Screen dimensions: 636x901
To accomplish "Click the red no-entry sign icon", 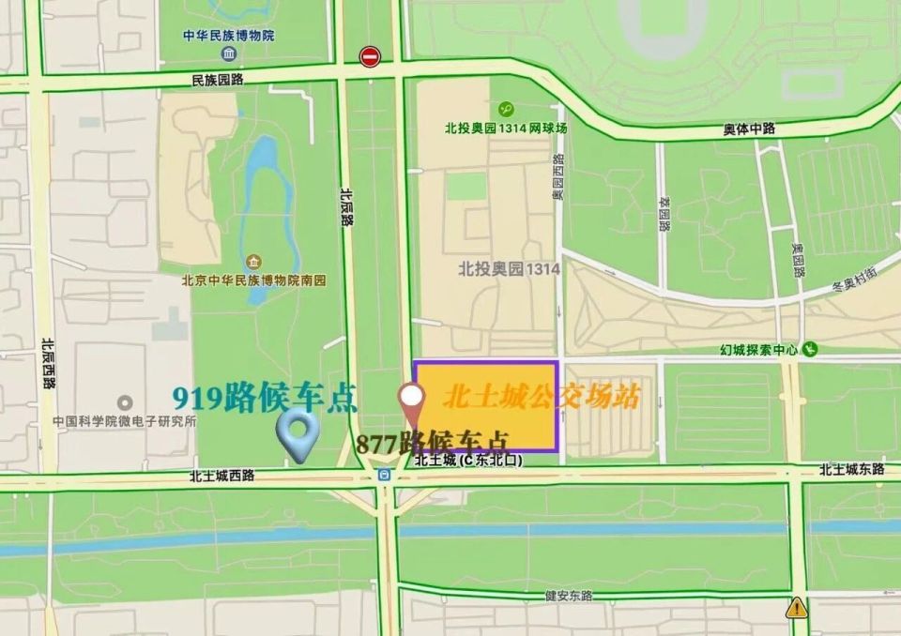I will click(370, 56).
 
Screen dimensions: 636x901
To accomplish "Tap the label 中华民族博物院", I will click(228, 36).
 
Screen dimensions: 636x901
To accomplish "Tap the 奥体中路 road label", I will click(749, 129).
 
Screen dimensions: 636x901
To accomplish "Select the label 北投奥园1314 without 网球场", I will click(509, 268).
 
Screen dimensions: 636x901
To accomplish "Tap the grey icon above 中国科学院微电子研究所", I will click(124, 403).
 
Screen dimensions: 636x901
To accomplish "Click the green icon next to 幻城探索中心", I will click(810, 350).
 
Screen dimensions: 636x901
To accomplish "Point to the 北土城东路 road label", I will click(850, 469).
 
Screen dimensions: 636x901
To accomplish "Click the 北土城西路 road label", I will click(221, 477).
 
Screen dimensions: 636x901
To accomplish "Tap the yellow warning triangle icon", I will click(797, 606).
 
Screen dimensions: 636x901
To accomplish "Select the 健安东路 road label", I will click(569, 595).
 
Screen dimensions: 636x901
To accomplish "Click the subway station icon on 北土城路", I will click(384, 475).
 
